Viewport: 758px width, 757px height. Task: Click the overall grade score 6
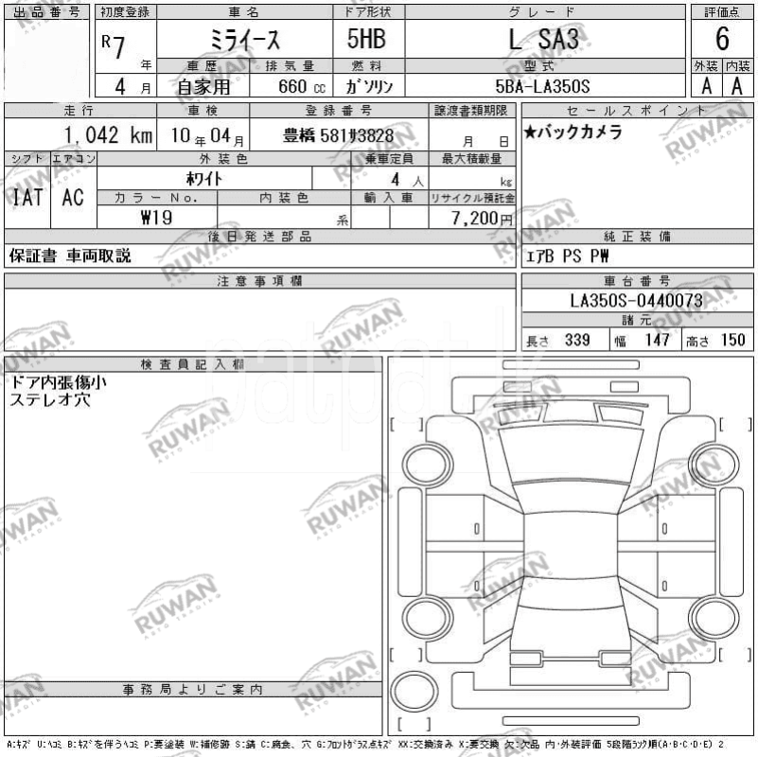point(722,39)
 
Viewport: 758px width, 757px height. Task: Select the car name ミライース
point(244,41)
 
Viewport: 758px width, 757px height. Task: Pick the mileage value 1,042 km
point(107,134)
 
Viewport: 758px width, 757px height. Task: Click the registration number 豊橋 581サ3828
point(338,135)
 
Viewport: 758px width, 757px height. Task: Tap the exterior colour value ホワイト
point(203,178)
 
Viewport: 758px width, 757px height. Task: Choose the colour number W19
point(156,217)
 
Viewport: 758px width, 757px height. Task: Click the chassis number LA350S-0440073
point(636,301)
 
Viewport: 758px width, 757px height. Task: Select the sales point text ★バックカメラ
point(573,132)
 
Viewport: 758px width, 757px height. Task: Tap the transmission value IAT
point(26,197)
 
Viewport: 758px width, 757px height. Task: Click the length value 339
point(577,340)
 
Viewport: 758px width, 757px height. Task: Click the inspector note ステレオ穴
point(50,400)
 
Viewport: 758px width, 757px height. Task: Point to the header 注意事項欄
point(259,281)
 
